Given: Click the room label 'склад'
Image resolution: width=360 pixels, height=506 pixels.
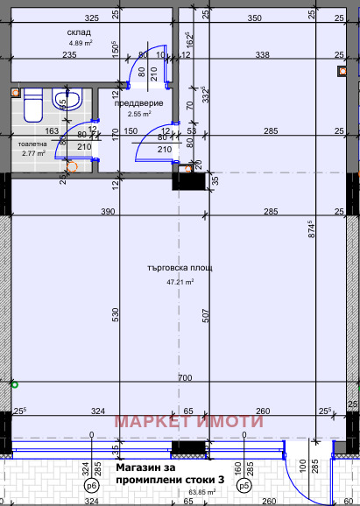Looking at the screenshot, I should (79, 32).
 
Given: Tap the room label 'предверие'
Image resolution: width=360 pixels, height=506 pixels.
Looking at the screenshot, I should (138, 102).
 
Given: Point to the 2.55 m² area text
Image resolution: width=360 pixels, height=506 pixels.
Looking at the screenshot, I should (139, 114).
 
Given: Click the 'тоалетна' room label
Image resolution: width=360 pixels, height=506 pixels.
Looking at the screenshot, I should (34, 142).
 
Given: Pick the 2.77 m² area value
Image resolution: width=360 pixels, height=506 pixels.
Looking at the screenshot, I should (32, 153).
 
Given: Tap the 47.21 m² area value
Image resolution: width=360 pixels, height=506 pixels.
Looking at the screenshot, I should (180, 282).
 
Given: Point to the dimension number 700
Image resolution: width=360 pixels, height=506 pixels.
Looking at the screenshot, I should (184, 377).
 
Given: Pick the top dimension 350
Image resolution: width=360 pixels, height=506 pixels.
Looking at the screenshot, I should (254, 18).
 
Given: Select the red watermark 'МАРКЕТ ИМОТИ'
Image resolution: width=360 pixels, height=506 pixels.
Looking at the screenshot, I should (189, 421).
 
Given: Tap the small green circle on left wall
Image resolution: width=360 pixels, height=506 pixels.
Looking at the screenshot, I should (12, 383).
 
